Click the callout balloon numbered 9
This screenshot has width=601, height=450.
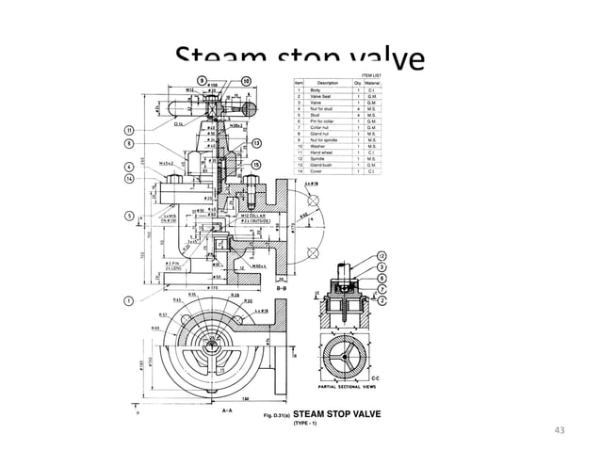[202, 81]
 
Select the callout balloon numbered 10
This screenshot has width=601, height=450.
[246, 81]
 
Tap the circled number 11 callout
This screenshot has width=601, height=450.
[128, 129]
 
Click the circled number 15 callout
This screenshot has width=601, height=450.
[256, 166]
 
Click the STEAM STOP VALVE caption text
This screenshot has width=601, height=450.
[338, 412]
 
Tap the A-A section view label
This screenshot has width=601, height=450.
[226, 410]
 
